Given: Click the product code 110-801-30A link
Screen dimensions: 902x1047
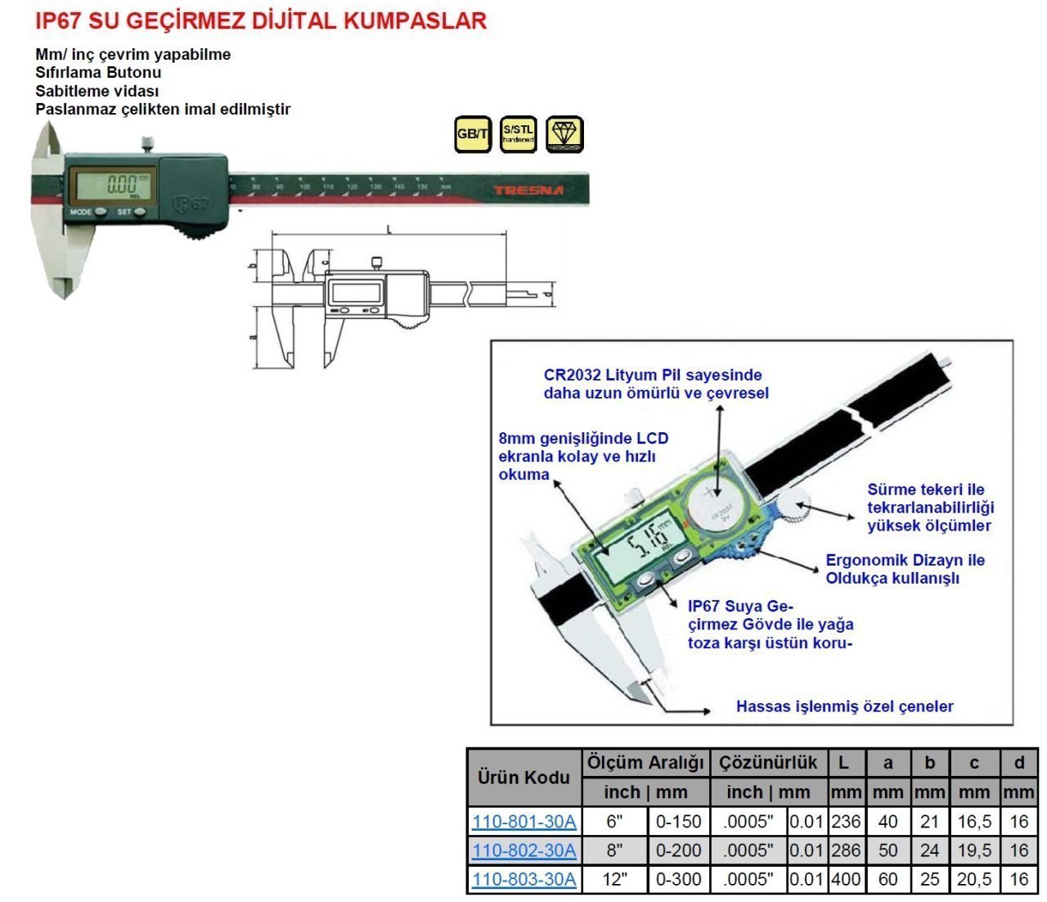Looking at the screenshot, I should click(x=523, y=821).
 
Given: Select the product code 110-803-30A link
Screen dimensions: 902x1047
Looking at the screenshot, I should click(x=523, y=879).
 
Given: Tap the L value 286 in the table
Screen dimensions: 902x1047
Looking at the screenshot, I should click(x=846, y=850).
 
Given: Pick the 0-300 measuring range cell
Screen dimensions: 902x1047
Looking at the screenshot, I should click(x=678, y=879).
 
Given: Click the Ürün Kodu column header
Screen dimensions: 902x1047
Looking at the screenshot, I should click(x=523, y=777).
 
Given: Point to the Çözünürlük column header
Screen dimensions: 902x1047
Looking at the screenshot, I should click(x=768, y=763).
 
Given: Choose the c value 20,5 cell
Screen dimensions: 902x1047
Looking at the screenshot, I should click(x=974, y=879).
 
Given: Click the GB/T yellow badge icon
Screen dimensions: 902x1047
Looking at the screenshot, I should click(x=472, y=134).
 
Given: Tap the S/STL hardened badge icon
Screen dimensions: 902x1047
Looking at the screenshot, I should click(x=518, y=134).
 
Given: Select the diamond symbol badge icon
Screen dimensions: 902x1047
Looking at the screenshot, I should click(x=564, y=134).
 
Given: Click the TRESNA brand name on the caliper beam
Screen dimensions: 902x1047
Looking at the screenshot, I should click(x=528, y=191).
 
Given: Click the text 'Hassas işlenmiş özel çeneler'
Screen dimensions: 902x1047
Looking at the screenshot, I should click(x=844, y=706).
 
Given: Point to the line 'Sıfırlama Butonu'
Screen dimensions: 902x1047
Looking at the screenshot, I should click(x=98, y=73).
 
